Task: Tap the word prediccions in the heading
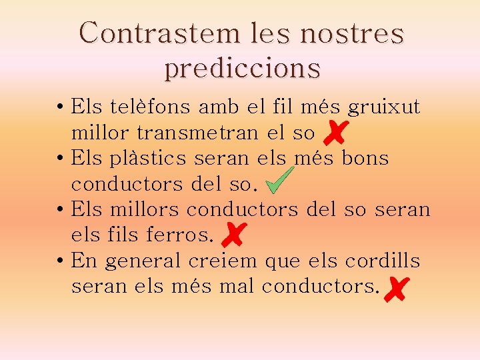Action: (242, 68)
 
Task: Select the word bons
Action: (365, 158)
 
